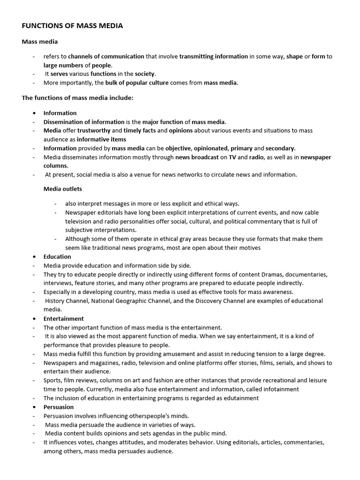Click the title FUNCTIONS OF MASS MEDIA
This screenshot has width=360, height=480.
tap(72, 26)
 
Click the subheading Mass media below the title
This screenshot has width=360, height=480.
tap(40, 42)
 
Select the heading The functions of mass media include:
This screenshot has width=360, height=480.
tap(77, 98)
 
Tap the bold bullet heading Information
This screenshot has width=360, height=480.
tap(60, 113)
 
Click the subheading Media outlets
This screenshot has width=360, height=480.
tap(63, 189)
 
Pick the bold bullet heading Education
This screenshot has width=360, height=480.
tap(57, 257)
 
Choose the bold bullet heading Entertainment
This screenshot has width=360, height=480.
tap(64, 319)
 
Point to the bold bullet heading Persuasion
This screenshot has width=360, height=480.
tap(59, 407)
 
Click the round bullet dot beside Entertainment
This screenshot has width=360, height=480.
tap(35, 319)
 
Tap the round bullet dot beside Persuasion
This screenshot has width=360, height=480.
tap(35, 407)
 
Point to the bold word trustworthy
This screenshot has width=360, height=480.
tap(94, 130)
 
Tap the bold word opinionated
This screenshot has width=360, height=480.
tap(210, 148)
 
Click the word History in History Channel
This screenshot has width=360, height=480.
tap(55, 301)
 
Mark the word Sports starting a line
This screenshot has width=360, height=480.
tap(52, 380)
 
